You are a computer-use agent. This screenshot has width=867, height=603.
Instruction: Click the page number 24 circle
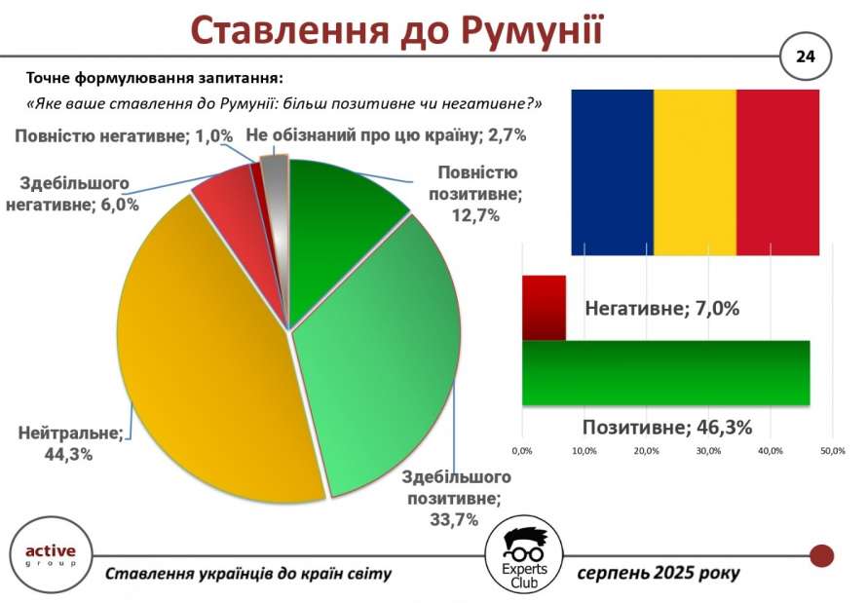click(x=805, y=57)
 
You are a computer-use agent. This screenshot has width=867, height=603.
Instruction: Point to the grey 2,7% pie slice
click(x=276, y=210)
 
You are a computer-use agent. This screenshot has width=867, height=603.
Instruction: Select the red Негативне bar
click(x=545, y=307)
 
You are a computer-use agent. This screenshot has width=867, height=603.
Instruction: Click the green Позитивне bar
click(x=665, y=373)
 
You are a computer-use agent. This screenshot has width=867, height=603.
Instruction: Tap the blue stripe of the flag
click(x=613, y=172)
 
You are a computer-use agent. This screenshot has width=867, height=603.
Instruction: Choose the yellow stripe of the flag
click(x=695, y=172)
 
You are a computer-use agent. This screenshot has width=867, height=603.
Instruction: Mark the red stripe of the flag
click(x=777, y=172)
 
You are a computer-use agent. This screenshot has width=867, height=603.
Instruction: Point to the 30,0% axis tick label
click(x=708, y=451)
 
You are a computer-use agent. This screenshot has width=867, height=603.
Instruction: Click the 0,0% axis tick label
click(x=522, y=451)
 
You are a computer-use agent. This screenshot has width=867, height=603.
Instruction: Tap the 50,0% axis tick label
click(x=833, y=451)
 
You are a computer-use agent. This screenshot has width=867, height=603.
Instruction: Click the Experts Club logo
click(x=524, y=556)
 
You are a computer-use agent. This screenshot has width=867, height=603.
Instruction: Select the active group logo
click(x=51, y=555)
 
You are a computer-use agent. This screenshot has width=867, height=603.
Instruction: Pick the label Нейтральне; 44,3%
click(x=70, y=443)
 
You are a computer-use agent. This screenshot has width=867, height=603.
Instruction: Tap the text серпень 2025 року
click(x=659, y=573)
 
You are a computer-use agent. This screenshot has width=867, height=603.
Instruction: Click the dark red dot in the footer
click(x=821, y=555)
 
